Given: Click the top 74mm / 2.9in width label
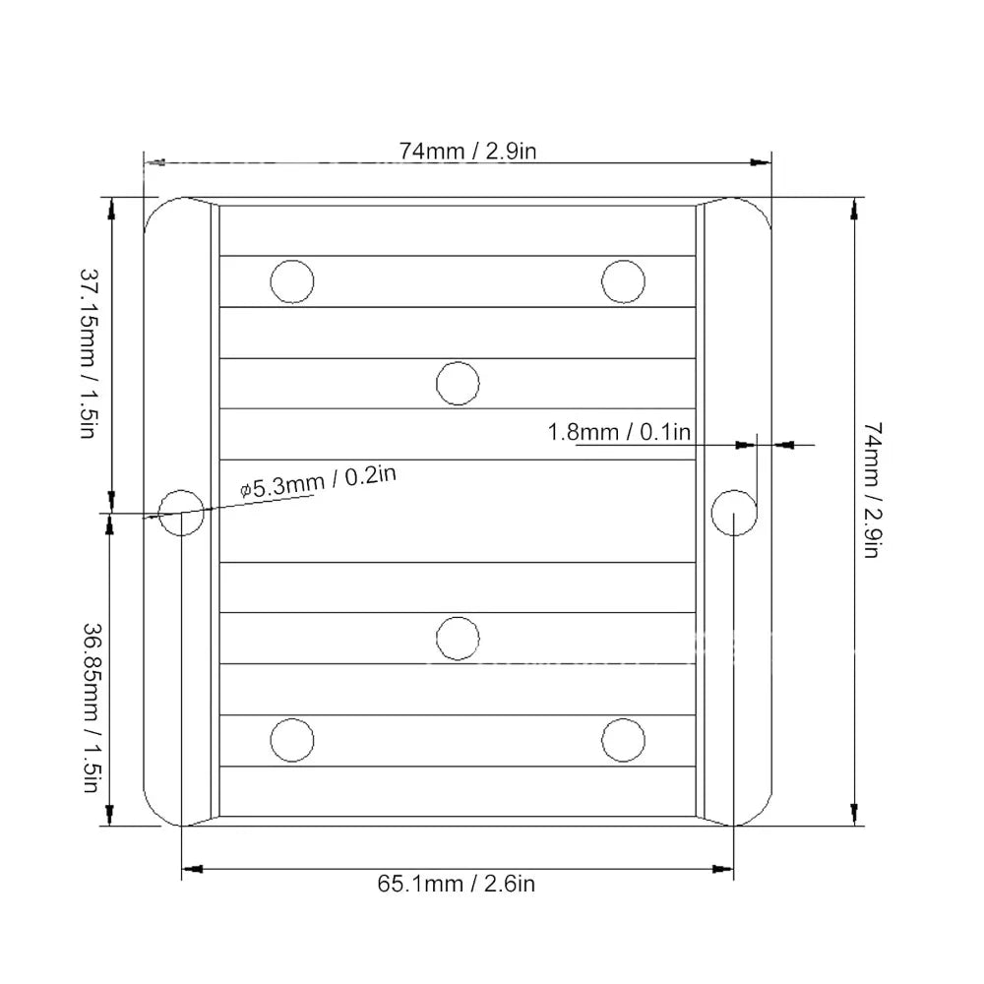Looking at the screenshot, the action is coord(467,152).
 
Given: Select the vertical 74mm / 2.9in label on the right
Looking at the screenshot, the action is coord(873,490).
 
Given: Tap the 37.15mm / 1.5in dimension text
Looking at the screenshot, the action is coord(90,353).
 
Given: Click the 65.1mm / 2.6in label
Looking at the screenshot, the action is coord(457,884).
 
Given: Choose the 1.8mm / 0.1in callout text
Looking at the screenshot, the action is coord(619,432).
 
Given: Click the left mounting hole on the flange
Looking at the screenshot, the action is coord(181,513).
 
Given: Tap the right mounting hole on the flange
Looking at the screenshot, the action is coord(734,513).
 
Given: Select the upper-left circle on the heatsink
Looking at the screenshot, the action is coord(292,281).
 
